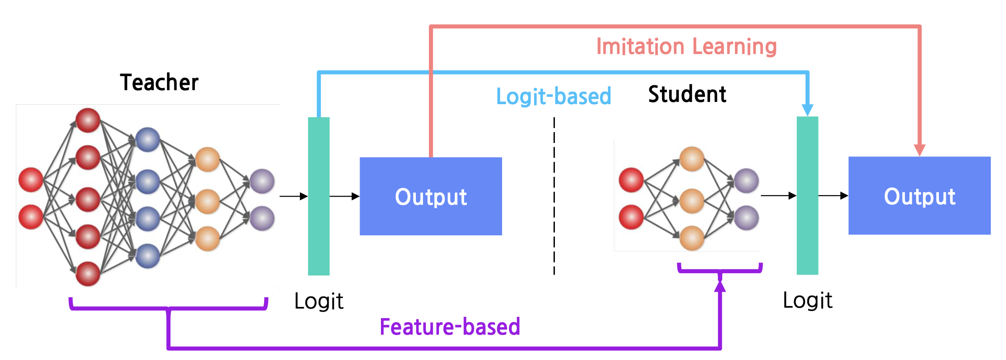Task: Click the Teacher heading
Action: [159, 82]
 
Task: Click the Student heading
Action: [687, 94]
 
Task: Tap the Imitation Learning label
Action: [686, 47]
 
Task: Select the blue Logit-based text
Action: [554, 96]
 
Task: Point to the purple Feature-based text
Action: [450, 327]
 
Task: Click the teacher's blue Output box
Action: [431, 197]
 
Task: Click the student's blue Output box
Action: [919, 196]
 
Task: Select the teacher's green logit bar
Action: [319, 196]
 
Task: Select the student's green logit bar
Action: [807, 196]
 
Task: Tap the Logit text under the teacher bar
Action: [319, 301]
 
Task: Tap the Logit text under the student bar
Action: [807, 300]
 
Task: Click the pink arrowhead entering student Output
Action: [919, 150]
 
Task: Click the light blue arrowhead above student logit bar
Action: [807, 109]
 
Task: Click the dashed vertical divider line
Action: [554, 196]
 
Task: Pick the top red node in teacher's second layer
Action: [88, 120]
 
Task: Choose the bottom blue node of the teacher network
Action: [147, 256]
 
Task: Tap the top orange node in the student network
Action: [692, 159]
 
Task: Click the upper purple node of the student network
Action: [746, 180]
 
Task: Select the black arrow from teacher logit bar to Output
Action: [344, 197]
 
